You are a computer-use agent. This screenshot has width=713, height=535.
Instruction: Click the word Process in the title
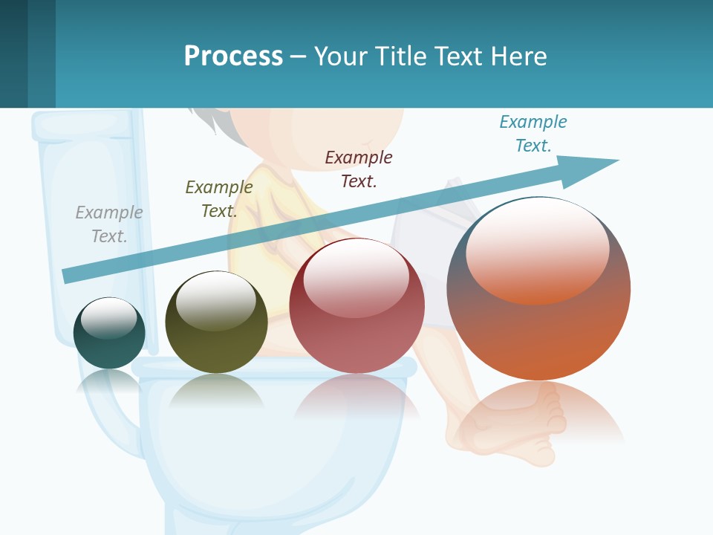click(x=233, y=56)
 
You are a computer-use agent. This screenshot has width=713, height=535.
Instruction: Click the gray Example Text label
click(x=109, y=224)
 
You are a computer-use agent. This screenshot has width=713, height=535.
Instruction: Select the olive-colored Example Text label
click(x=219, y=198)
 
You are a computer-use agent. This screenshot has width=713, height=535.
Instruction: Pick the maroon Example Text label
click(x=359, y=169)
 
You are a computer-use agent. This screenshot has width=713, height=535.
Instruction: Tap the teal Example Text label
click(x=533, y=133)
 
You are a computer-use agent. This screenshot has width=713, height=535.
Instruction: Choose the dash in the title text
click(x=299, y=56)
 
